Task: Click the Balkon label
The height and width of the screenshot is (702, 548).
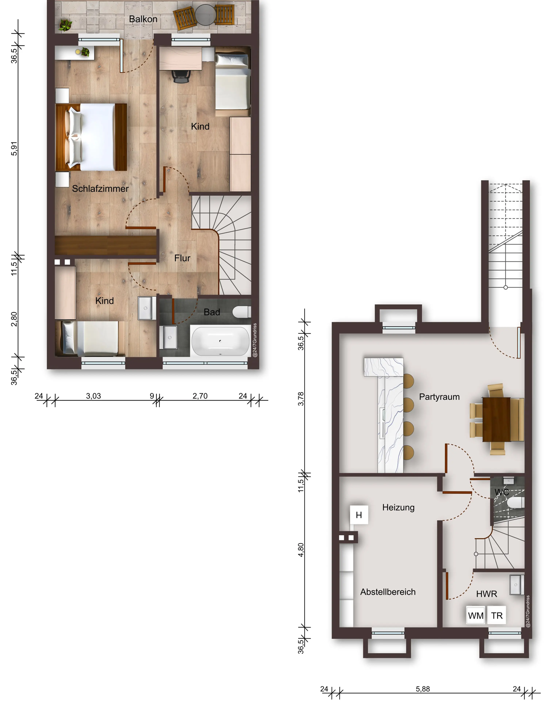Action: [143, 19]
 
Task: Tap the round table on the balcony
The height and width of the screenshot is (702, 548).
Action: [205, 15]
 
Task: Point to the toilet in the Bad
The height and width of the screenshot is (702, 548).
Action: [241, 312]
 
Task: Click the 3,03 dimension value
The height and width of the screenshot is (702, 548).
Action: [94, 396]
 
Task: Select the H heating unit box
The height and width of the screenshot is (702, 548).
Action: [359, 515]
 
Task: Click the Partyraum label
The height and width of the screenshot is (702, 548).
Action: [439, 397]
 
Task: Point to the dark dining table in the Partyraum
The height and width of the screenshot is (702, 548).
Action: [496, 420]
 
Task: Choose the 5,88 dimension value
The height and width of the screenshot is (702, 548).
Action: [423, 689]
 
